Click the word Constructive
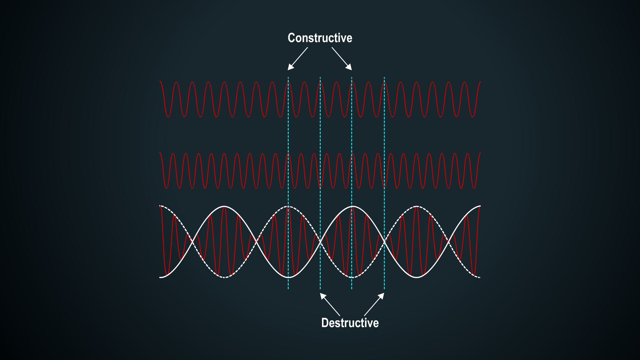click(320, 38)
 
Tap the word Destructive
click(350, 323)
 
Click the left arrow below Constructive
click(298, 59)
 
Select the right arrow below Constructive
click(342, 59)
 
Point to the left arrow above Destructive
click(330, 304)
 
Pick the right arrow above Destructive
click(374, 304)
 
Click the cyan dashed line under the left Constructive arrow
click(288, 183)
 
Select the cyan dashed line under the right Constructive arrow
click(352, 183)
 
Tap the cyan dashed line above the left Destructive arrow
click(320, 183)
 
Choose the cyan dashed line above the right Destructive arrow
click(384, 183)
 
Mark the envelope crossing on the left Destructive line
click(320, 242)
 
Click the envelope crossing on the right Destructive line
click(384, 242)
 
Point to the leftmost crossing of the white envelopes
click(192, 242)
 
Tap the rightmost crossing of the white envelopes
click(449, 242)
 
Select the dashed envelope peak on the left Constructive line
click(289, 207)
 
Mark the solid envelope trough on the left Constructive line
click(289, 277)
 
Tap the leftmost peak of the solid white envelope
click(224, 207)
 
